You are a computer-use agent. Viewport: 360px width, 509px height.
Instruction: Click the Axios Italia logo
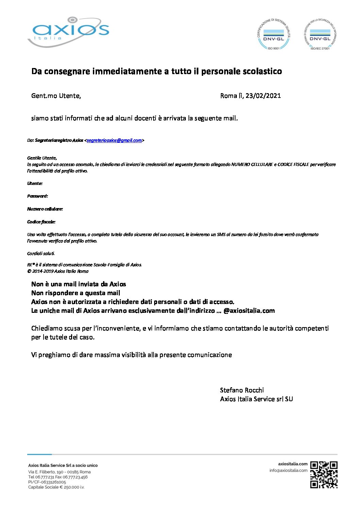point(68,32)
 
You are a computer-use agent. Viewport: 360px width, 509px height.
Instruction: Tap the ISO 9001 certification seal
point(274,34)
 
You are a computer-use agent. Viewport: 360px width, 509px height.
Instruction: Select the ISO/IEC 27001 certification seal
point(320,34)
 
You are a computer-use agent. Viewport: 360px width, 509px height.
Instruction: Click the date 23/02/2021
point(263,96)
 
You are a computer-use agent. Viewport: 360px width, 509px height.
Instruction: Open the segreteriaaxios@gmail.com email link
point(114,140)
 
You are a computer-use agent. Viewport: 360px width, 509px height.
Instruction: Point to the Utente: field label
point(35,184)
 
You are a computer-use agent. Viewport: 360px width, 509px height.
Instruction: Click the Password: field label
point(37,196)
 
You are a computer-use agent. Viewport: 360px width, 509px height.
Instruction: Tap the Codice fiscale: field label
point(41,222)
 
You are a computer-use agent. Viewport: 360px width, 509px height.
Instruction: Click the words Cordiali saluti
point(41,254)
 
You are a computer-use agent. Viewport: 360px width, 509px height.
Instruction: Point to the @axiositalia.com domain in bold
point(249,311)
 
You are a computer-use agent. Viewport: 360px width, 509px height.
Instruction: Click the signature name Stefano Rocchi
point(242,390)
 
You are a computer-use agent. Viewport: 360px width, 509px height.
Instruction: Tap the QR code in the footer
point(324,475)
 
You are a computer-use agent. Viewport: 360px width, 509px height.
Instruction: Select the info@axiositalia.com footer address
point(288,471)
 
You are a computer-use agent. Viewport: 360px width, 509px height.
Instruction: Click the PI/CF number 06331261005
point(47,482)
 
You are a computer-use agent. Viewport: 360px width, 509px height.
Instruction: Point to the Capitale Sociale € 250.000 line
point(56,487)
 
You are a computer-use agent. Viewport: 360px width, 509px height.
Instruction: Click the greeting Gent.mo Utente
point(56,96)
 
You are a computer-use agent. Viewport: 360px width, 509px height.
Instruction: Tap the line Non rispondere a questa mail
point(76,293)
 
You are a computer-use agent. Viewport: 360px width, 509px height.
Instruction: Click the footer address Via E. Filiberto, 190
point(59,472)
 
